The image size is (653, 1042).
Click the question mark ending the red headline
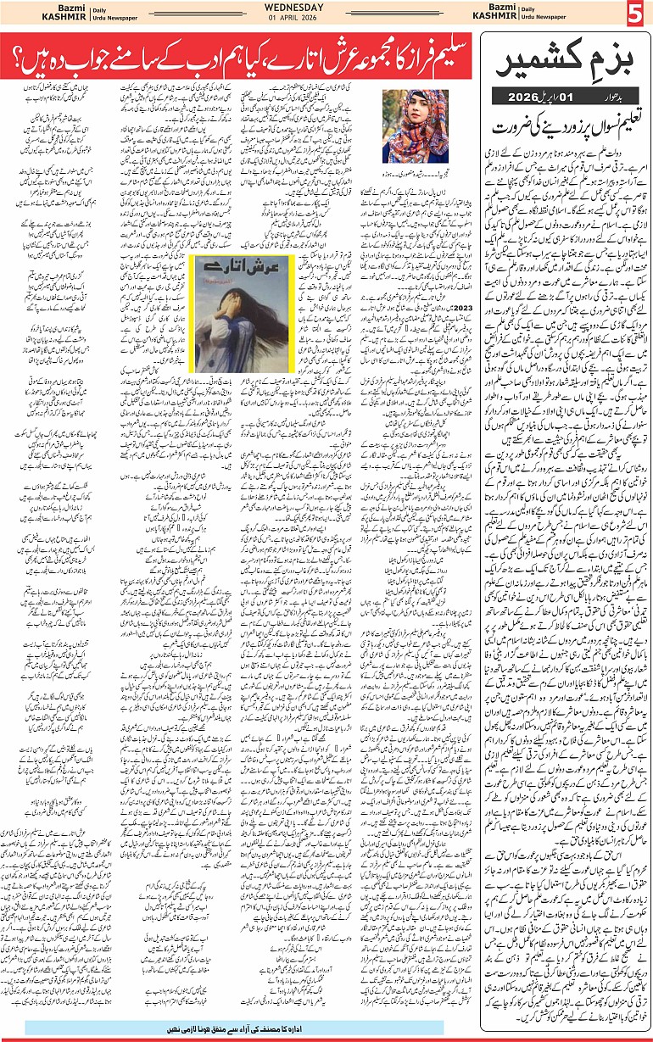[x=31, y=60]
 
